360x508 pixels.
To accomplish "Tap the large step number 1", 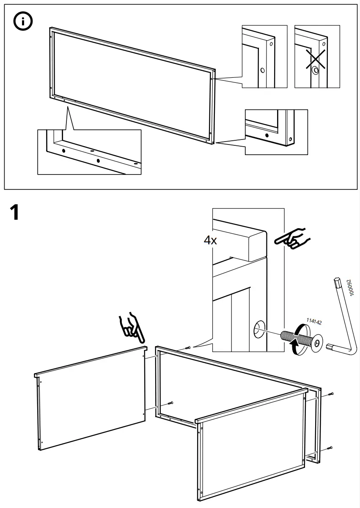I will [14, 213].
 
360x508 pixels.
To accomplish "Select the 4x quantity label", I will [210, 240].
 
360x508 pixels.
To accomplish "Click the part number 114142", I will [313, 322].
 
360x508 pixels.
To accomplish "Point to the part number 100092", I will [349, 288].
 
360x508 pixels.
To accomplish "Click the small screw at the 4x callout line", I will [188, 347].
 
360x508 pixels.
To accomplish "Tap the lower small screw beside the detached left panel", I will [171, 402].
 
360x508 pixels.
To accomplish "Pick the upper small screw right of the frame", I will [331, 394].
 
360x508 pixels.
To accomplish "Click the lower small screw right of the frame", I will [330, 448].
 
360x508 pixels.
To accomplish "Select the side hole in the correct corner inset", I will [262, 70].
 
